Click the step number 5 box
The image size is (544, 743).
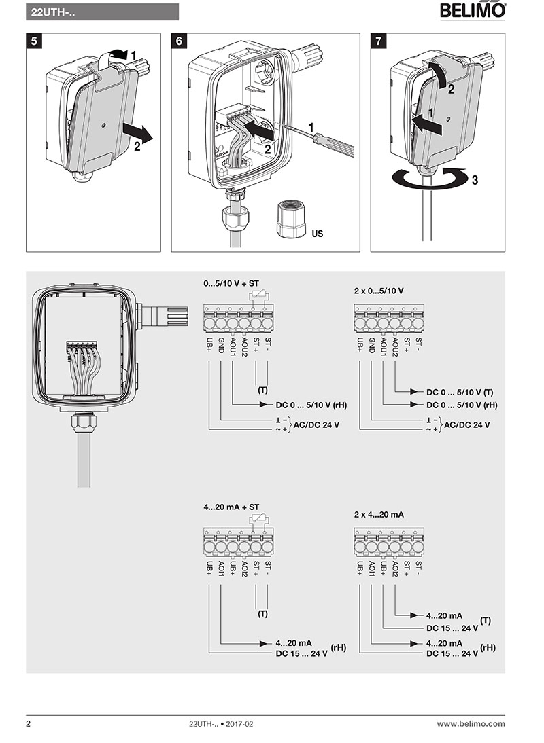pyautogui.click(x=35, y=41)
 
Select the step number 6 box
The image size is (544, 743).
pyautogui.click(x=179, y=41)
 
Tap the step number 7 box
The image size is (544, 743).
pyautogui.click(x=379, y=41)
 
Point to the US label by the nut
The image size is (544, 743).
pyautogui.click(x=317, y=234)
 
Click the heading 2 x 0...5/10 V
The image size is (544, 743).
pyautogui.click(x=379, y=290)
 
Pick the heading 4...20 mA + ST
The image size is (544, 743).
pyautogui.click(x=231, y=507)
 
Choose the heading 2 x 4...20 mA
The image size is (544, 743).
pyautogui.click(x=379, y=515)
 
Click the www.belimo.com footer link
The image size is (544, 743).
pyautogui.click(x=471, y=724)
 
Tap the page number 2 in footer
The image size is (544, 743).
pyautogui.click(x=29, y=724)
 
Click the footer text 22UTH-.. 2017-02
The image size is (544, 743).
pyautogui.click(x=220, y=724)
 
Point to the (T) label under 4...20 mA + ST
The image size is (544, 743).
pyautogui.click(x=262, y=614)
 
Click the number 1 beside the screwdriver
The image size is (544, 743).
pyautogui.click(x=311, y=127)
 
